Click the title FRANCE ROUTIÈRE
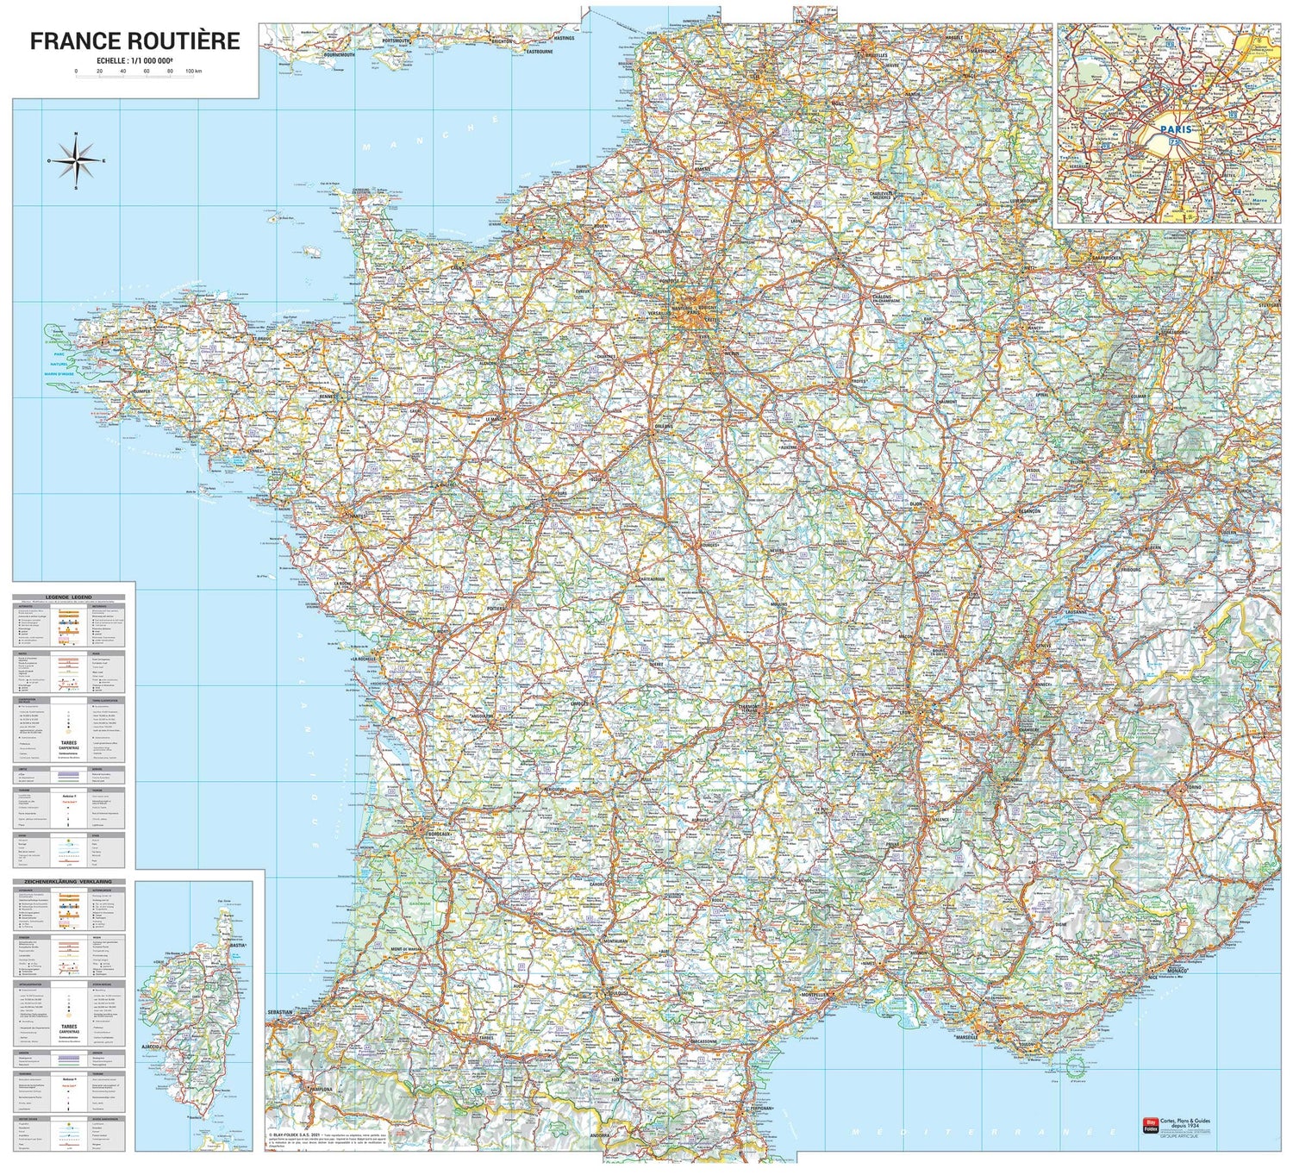(x=134, y=41)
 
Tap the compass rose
(x=77, y=160)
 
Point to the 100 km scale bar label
(x=193, y=71)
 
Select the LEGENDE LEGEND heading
(x=69, y=597)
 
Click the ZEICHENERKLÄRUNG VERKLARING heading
(x=69, y=883)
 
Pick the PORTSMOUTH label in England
(x=396, y=41)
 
